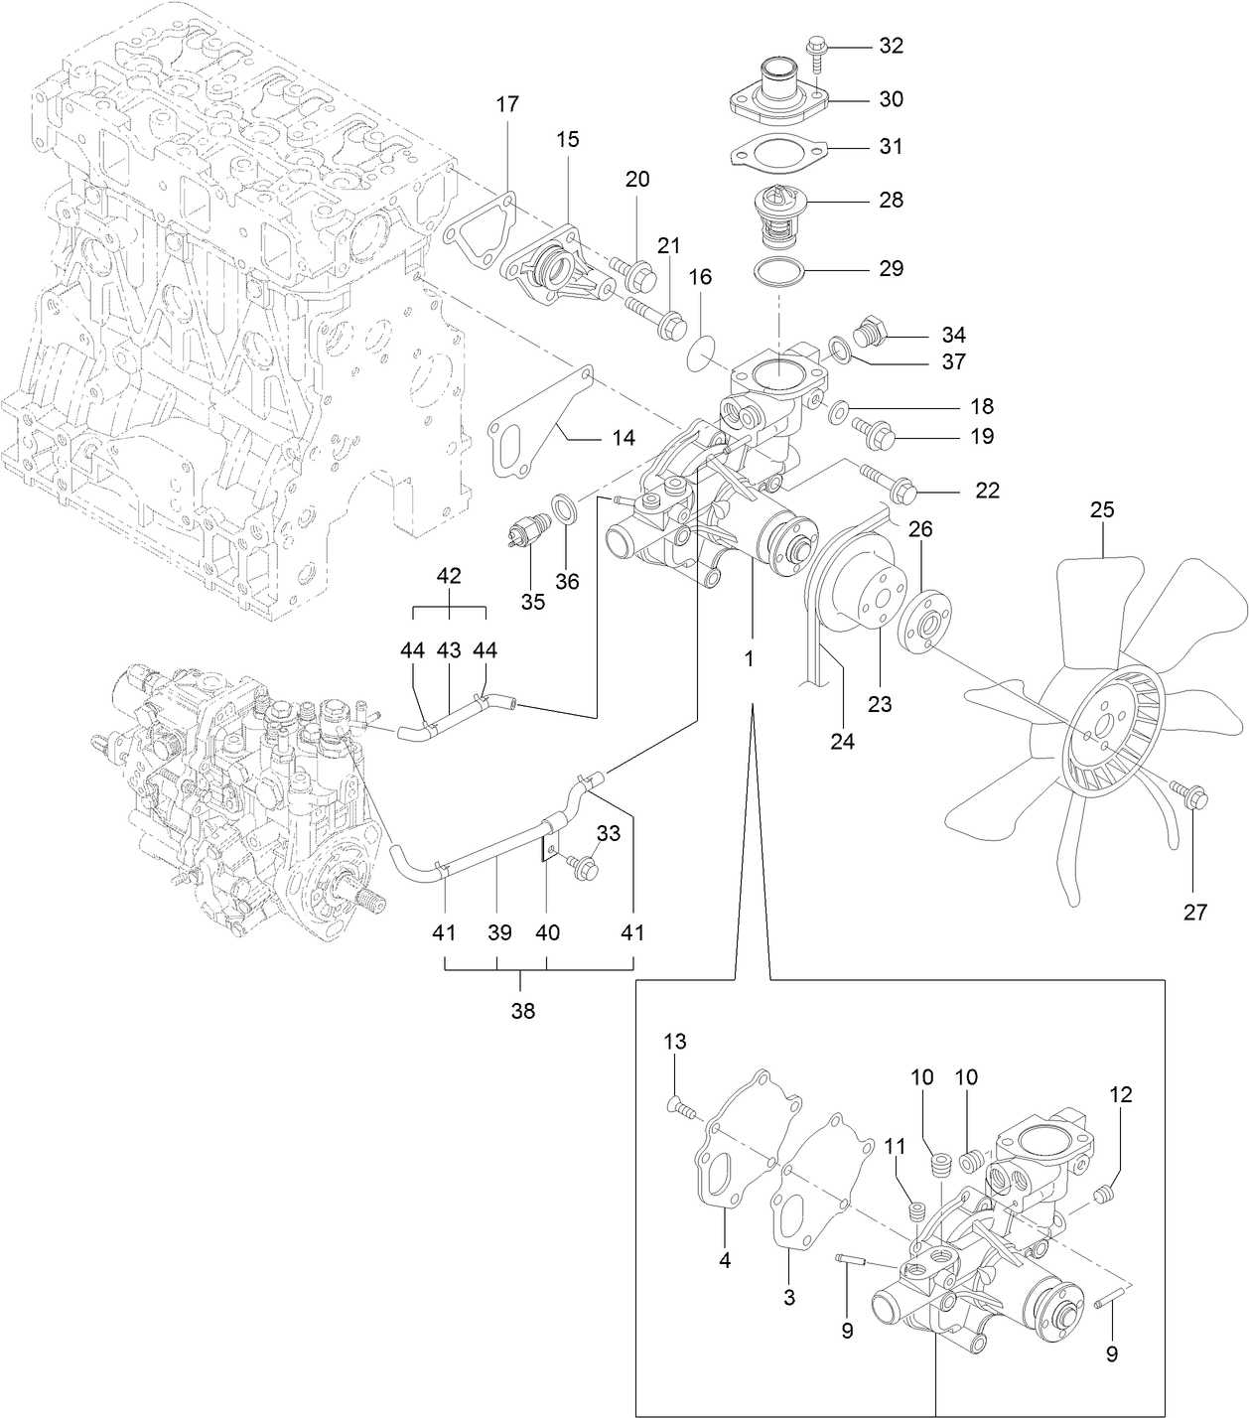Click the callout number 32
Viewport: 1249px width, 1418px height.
coord(891,46)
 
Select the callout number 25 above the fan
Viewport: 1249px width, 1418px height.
coord(1102,510)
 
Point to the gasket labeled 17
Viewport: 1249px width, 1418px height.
coord(481,233)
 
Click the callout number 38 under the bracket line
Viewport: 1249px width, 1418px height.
coord(522,1011)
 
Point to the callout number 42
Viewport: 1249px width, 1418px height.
coord(449,575)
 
